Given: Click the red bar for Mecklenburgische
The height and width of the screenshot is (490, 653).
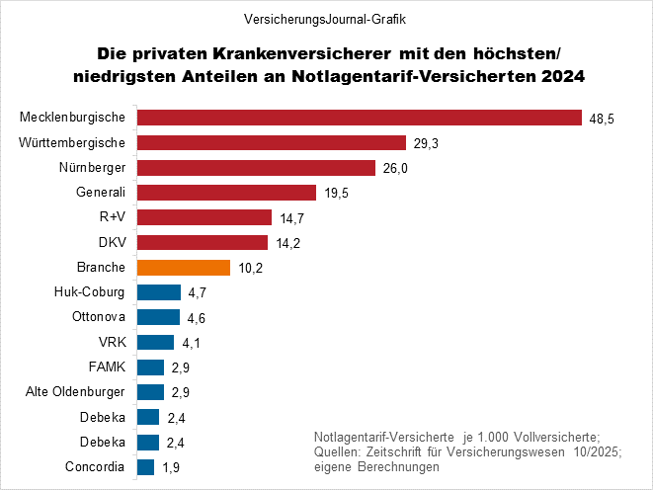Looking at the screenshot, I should click(359, 118).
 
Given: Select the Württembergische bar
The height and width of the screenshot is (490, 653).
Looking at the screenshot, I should click(272, 142).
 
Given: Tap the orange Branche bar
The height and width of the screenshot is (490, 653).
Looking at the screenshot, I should click(184, 268).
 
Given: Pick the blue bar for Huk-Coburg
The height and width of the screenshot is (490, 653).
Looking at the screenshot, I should click(159, 292).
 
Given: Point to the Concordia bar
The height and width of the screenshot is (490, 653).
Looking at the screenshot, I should click(146, 467).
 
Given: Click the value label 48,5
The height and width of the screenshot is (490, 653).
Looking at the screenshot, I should click(602, 119).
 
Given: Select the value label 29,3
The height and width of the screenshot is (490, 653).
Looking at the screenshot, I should click(426, 143).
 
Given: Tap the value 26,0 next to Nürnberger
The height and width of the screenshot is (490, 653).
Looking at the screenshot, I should click(395, 168).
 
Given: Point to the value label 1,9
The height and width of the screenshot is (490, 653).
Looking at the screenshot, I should click(173, 467).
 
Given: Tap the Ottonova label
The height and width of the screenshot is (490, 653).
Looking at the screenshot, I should click(98, 317).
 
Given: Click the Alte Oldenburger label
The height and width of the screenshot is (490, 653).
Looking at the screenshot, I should click(74, 392).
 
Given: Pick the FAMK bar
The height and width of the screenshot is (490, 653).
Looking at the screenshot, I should click(150, 367).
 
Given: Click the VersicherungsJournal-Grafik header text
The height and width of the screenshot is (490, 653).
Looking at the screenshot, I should click(325, 20).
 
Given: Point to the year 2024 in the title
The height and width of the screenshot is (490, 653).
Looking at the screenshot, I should click(560, 76).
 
